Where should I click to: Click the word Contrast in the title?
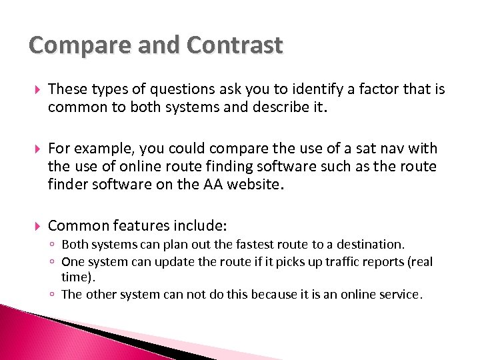point(235,45)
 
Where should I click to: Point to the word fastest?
point(235,245)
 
